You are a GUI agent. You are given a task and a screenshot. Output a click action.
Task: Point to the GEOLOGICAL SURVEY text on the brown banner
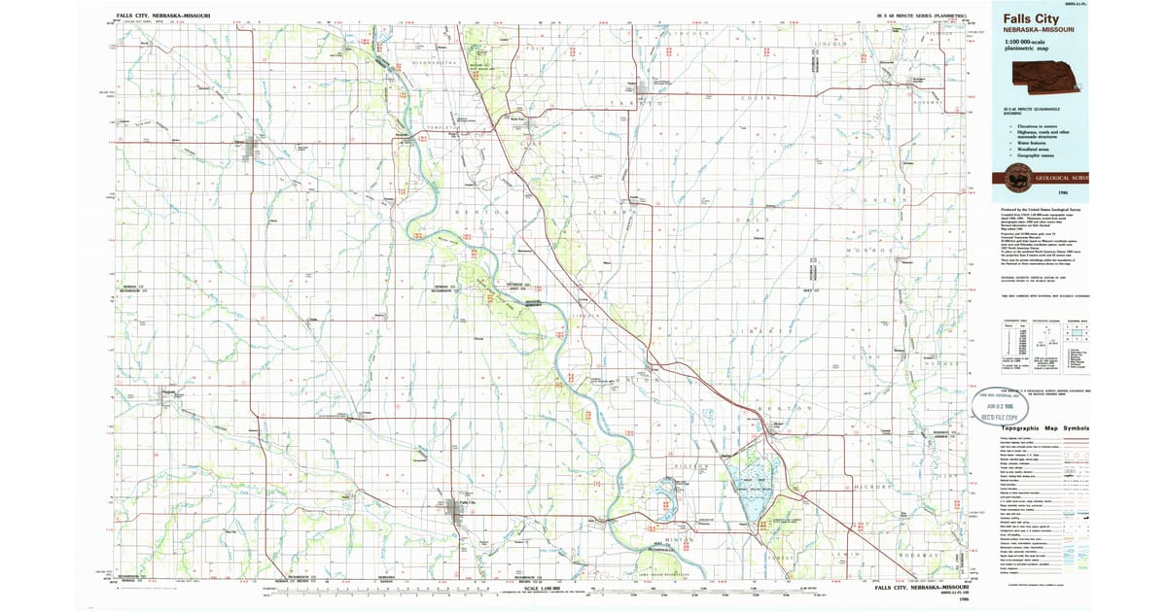(x=1063, y=179)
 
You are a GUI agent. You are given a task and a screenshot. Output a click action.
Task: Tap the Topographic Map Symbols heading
(x=1045, y=428)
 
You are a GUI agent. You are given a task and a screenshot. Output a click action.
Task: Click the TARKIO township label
(x=644, y=102)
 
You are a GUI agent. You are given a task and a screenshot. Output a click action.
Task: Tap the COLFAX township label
(x=757, y=99)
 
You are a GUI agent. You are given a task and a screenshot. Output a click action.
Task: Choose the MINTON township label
(x=679, y=537)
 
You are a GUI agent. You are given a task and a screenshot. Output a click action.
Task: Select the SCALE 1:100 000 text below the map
(x=546, y=588)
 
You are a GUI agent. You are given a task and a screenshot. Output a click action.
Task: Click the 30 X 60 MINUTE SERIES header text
(x=921, y=17)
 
